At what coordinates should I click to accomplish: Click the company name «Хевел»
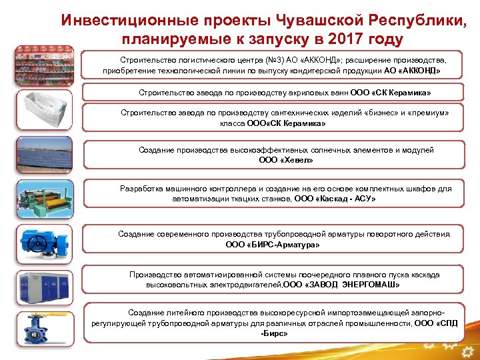[x=296, y=160]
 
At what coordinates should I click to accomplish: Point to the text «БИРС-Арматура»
[x=286, y=245]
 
